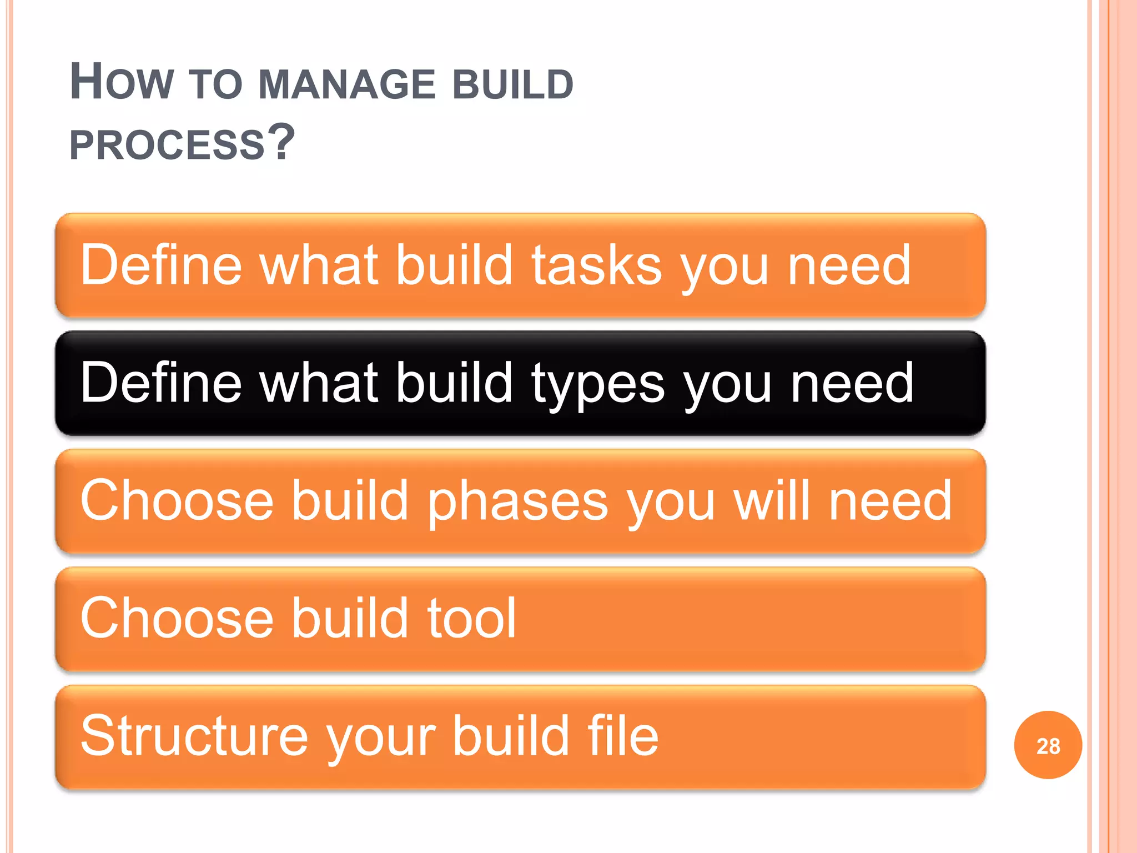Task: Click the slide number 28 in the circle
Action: (x=1048, y=746)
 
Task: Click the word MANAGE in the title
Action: (x=346, y=84)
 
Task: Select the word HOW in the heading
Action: (x=122, y=83)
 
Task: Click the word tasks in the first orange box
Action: (x=597, y=265)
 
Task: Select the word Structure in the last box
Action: (x=194, y=736)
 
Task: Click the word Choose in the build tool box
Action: (x=177, y=618)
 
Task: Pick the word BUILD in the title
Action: (x=513, y=84)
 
